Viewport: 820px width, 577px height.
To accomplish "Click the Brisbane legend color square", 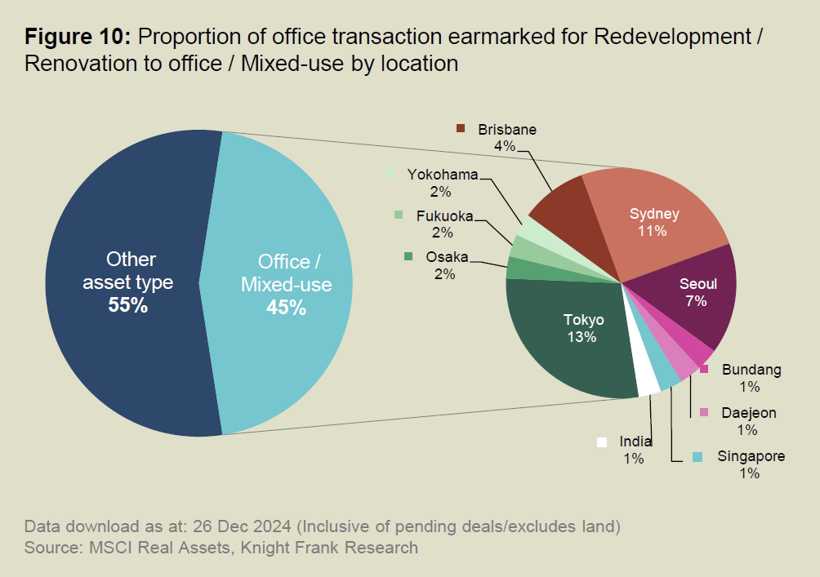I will tap(461, 129).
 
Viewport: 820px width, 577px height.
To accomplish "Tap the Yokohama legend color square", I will tap(390, 174).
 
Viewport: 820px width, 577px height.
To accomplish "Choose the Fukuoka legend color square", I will tap(399, 215).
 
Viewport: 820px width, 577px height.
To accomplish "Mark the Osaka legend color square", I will tap(408, 256).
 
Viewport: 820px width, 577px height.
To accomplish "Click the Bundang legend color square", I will tap(704, 370).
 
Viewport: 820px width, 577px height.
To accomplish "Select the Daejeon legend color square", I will tap(704, 412).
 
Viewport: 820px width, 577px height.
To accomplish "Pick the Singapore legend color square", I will tap(697, 456).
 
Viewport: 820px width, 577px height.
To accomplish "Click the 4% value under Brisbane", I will tap(504, 146).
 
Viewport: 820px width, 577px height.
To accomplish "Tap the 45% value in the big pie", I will tap(286, 308).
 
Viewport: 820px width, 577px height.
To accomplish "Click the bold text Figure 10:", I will tap(78, 37).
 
